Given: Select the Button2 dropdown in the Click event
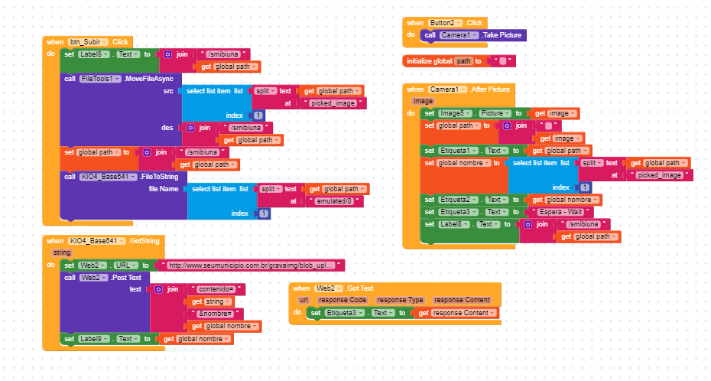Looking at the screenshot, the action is [445, 23].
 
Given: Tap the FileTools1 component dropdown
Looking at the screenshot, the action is [100, 79].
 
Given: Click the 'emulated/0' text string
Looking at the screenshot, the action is [335, 201].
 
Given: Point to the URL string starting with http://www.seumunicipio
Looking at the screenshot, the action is [252, 265].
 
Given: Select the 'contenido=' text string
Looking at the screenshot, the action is [216, 289].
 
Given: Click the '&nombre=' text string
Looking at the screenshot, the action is [215, 314].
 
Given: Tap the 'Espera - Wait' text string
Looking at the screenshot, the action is [560, 212].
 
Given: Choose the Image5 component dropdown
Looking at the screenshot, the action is [455, 113].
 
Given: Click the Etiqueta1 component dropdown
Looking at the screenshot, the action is [458, 151].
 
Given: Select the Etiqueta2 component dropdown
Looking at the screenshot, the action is [458, 200].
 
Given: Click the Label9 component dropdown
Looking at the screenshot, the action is [94, 339].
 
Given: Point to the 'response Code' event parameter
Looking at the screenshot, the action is [342, 300].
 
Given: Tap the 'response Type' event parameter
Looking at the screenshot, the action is [400, 300].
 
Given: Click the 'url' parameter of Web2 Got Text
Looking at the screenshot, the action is [304, 300].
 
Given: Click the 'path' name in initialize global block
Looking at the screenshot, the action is [463, 61].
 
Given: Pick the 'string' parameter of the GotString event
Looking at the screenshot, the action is [62, 252].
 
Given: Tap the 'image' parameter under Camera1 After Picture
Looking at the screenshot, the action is [423, 101].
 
